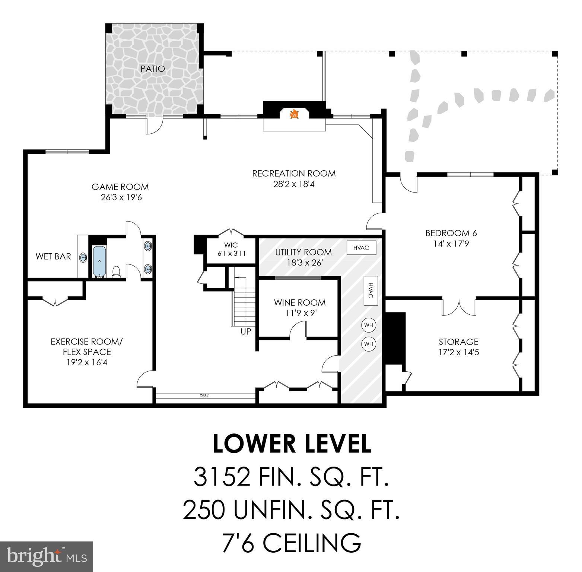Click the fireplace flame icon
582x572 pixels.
click(294, 114)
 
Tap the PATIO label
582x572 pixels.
click(153, 69)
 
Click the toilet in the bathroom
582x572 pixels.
click(117, 271)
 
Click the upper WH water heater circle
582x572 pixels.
click(368, 325)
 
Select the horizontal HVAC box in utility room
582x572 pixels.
click(361, 248)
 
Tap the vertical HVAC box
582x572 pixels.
click(370, 290)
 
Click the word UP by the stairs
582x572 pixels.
click(246, 331)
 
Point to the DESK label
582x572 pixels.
click(204, 396)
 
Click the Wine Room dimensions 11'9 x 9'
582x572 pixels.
click(300, 313)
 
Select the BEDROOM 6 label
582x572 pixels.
click(451, 233)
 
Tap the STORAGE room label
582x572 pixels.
click(458, 341)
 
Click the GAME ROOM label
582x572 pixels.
click(120, 187)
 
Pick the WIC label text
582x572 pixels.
click(231, 245)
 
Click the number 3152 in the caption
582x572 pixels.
click(222, 477)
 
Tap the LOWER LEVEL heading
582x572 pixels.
click(292, 444)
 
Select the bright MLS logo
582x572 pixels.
click(47, 556)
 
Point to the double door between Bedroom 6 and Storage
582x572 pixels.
click(459, 306)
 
